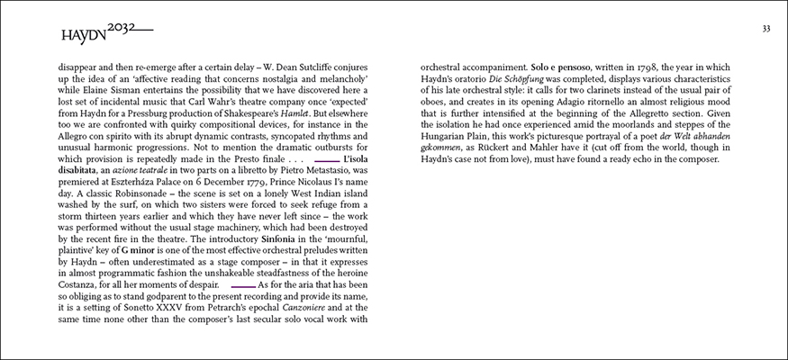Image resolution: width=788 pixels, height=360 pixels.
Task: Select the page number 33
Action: tap(765, 28)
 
